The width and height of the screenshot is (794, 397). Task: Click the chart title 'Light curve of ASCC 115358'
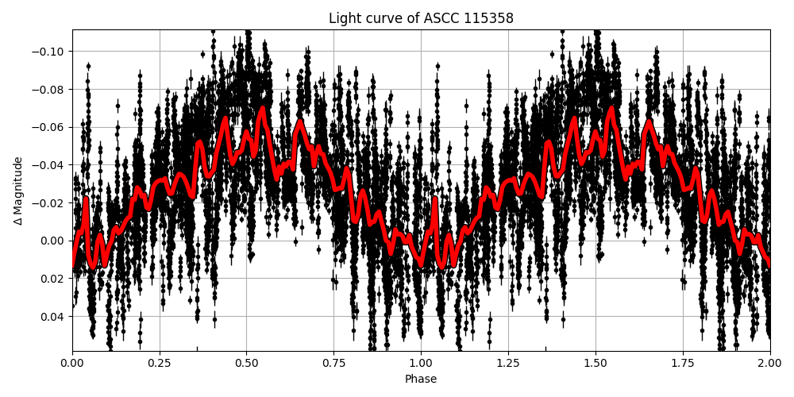421,18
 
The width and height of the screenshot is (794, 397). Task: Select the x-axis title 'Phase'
421,380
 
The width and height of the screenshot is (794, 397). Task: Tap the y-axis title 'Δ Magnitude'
17,191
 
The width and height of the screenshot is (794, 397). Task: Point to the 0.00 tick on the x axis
72,364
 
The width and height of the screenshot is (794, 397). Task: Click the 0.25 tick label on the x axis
160,364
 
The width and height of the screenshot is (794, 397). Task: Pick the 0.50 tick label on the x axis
247,364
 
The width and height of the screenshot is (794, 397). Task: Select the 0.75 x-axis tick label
333,364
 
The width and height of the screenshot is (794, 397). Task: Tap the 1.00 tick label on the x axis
421,364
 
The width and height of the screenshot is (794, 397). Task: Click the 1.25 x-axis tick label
508,364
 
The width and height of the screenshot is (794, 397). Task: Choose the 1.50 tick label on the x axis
595,364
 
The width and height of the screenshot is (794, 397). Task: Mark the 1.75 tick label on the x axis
683,364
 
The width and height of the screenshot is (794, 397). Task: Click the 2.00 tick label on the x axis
769,364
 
